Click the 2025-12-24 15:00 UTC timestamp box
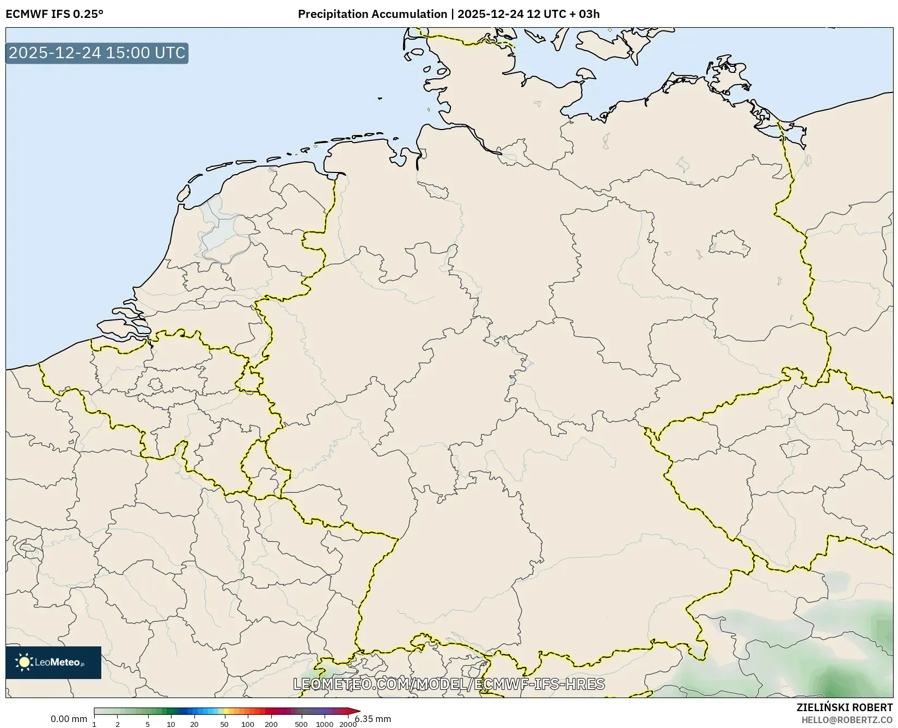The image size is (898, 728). (x=97, y=53)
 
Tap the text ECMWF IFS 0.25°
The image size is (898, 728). (x=54, y=14)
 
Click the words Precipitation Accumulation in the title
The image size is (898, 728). (x=372, y=14)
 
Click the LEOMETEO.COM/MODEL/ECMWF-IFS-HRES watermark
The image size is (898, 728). (x=449, y=684)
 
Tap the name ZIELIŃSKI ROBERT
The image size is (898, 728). (x=845, y=707)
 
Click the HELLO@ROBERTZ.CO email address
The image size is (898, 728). (x=847, y=720)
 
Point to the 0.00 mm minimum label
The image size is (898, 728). (x=69, y=719)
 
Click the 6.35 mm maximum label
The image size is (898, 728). (x=372, y=719)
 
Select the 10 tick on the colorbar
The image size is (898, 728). (x=171, y=724)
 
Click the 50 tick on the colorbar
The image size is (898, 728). (x=224, y=724)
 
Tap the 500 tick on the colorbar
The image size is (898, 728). (x=301, y=724)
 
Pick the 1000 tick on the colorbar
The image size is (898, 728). (x=325, y=724)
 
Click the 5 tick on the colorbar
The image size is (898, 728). (x=148, y=724)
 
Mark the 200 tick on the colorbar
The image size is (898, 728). (x=271, y=724)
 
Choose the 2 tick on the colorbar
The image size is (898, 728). (x=118, y=724)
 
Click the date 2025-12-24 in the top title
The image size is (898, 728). (x=490, y=14)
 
